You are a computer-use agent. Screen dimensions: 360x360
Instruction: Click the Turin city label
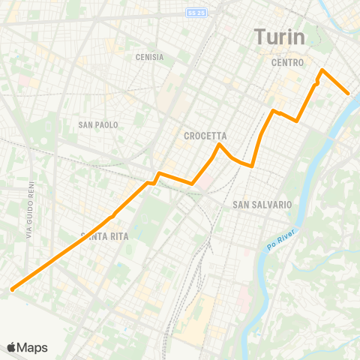(x=278, y=37)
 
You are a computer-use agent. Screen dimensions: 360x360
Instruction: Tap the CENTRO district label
(x=287, y=63)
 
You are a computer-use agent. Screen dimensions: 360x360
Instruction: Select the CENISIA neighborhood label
(x=150, y=57)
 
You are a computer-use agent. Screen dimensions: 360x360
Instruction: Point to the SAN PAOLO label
(x=98, y=124)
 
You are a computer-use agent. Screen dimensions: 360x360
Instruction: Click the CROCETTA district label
(x=205, y=136)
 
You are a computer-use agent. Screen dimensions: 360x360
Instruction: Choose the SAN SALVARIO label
(x=262, y=204)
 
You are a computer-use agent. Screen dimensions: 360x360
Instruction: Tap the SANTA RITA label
(x=105, y=236)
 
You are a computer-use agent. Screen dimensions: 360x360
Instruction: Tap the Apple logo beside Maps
(x=12, y=347)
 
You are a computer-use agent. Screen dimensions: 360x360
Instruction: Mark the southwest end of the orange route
(x=12, y=289)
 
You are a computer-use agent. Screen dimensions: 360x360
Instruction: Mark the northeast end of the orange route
(x=349, y=93)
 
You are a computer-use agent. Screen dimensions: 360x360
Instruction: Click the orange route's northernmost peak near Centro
(x=322, y=70)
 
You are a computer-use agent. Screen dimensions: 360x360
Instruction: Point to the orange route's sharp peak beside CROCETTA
(x=218, y=144)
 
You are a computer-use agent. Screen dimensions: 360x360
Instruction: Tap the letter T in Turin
(x=259, y=37)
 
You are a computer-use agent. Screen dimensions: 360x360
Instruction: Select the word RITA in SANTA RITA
(x=118, y=236)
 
